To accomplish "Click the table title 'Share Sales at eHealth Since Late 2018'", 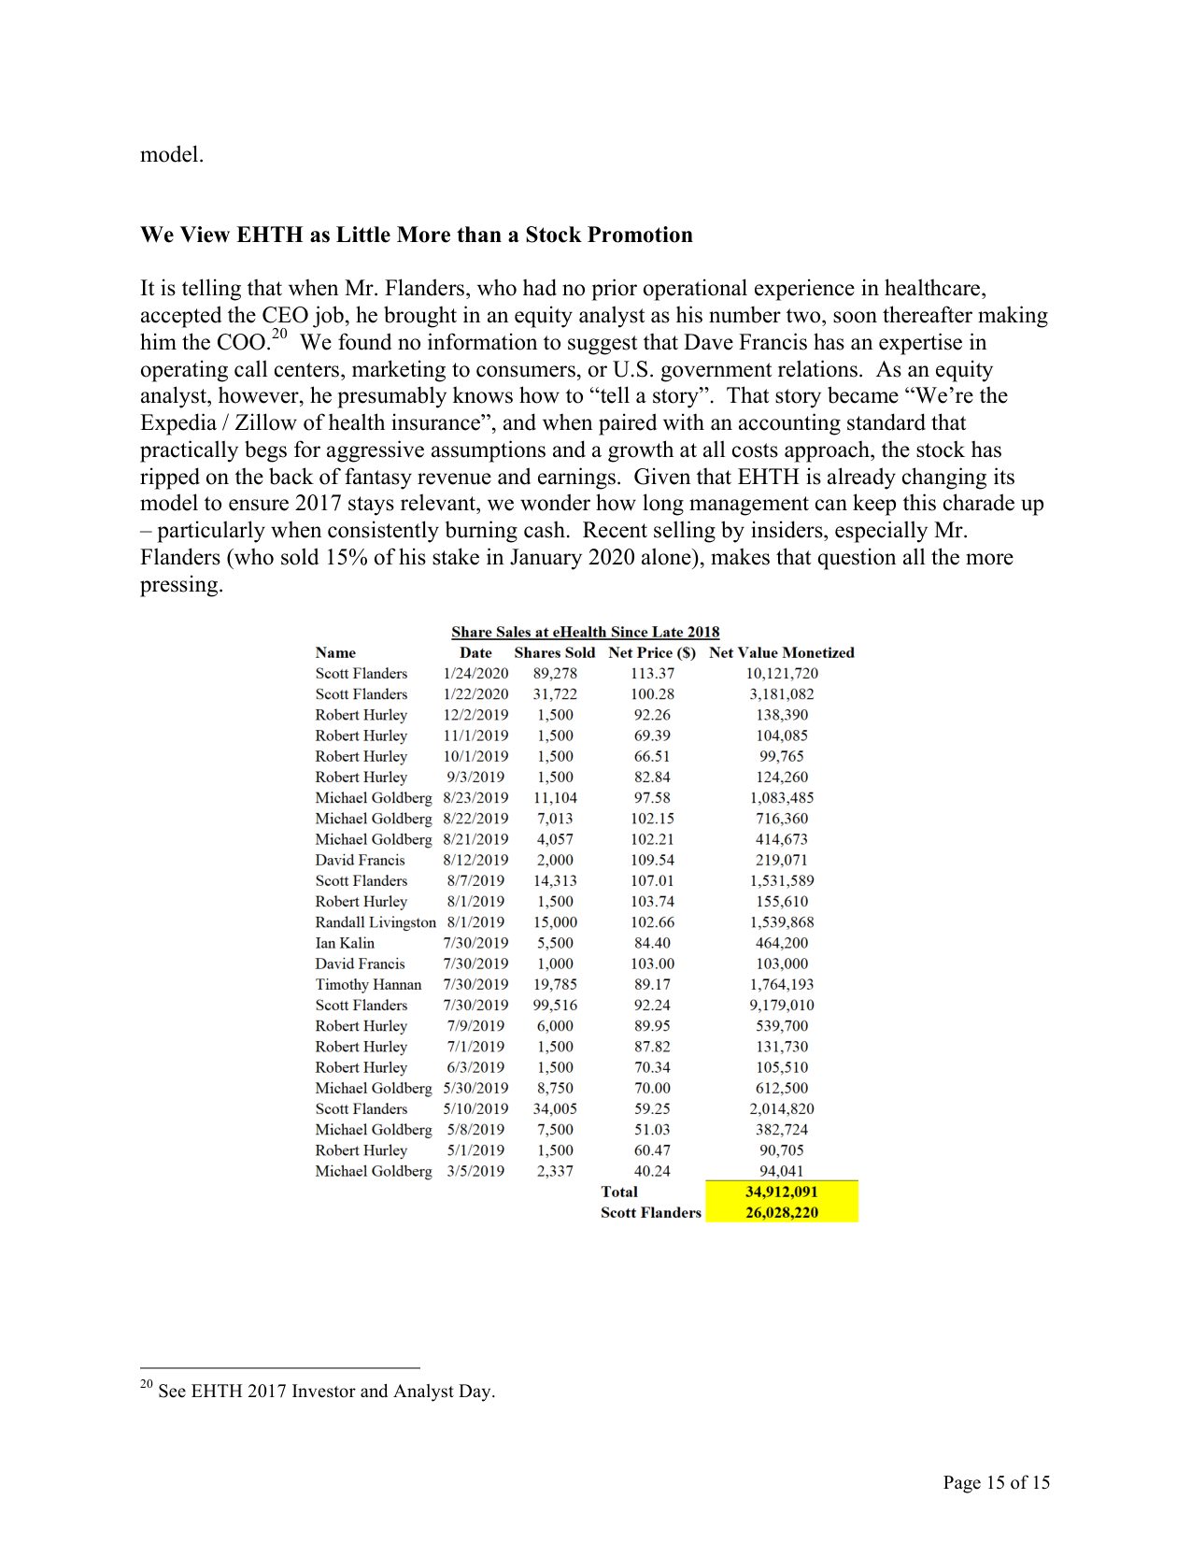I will pos(585,633).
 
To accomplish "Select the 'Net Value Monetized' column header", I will pos(781,653).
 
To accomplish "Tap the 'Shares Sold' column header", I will pos(554,653).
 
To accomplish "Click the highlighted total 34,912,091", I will pos(781,1192).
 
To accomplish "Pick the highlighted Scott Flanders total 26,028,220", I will pos(781,1213).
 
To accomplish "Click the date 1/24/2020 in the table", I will pos(475,674).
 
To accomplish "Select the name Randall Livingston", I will pos(376,922).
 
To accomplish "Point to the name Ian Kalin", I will pos(345,943).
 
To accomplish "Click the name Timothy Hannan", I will pos(368,985).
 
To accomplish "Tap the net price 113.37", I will pos(652,674).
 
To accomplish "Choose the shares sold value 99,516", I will pos(555,1006).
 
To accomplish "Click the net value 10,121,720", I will pos(781,674).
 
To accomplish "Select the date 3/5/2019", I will pos(475,1172).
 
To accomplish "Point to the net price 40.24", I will pos(652,1172).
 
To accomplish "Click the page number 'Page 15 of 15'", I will pos(996,1482).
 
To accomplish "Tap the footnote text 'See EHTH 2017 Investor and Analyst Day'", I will pos(326,1392).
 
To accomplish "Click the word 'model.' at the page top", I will pos(172,155).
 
